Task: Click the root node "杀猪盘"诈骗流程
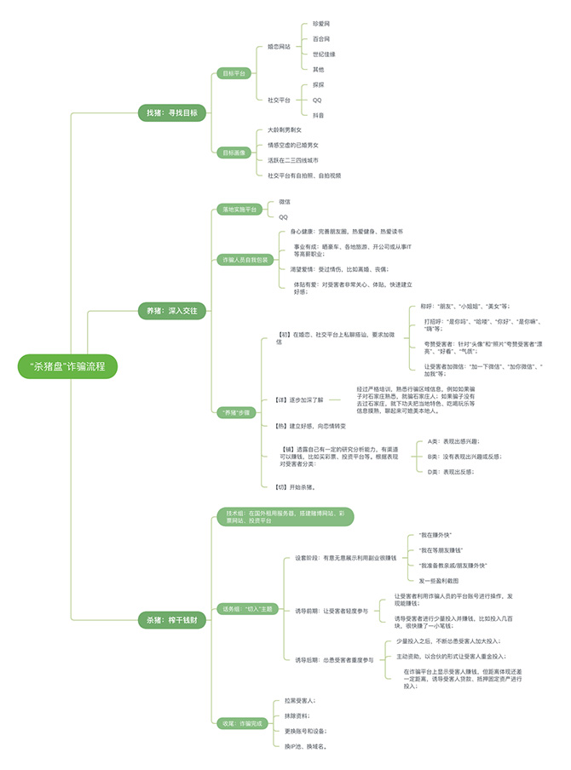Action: [67, 366]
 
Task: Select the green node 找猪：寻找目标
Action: [171, 112]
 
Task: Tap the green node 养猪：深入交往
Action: [171, 312]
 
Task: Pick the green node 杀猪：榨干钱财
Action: [171, 621]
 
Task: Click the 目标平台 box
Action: [234, 73]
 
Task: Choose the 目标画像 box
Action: [234, 152]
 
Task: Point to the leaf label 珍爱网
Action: [321, 26]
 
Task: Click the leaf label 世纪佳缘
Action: [324, 54]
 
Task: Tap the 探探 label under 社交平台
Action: [318, 84]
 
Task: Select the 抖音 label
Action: [318, 114]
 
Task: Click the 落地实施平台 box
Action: [240, 209]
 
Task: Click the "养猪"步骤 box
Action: [237, 412]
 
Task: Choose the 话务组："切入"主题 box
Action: [247, 608]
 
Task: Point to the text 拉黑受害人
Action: [300, 699]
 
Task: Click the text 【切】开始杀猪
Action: [296, 486]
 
